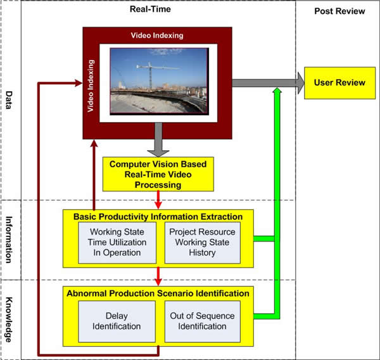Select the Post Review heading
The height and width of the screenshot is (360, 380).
click(339, 11)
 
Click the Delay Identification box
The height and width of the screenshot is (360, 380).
click(117, 321)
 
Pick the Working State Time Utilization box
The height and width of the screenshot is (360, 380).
click(118, 242)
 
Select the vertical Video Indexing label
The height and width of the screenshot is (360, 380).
click(92, 86)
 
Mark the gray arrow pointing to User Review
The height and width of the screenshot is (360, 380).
click(266, 82)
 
